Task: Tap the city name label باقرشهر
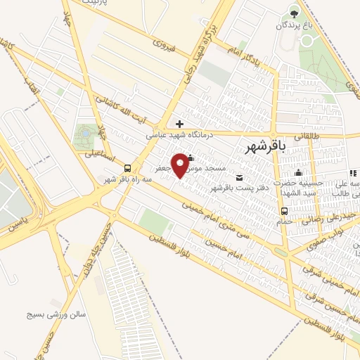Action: (268, 146)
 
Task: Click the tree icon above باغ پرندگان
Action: (293, 13)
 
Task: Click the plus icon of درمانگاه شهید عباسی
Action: (180, 124)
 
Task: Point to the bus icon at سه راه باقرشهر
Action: (127, 168)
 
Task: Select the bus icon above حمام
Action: (283, 211)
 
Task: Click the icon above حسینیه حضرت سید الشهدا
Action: (300, 173)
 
